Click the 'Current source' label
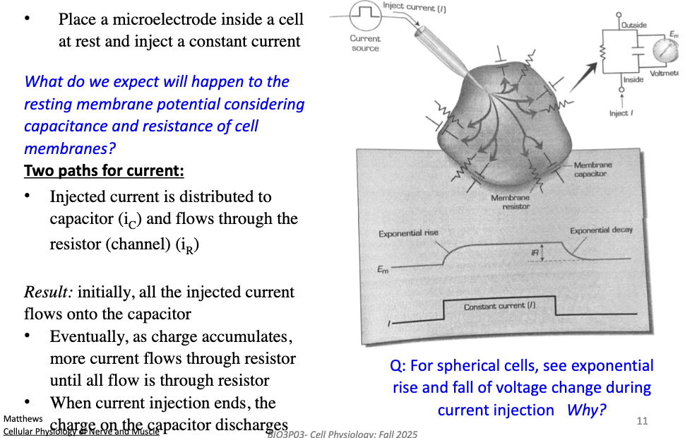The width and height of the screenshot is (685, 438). (x=365, y=43)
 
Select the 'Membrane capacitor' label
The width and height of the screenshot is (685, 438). (x=593, y=169)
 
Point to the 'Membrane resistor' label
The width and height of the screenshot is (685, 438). (x=510, y=202)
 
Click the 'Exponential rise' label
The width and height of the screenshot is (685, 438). (x=408, y=233)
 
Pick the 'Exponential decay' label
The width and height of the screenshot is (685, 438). (x=602, y=230)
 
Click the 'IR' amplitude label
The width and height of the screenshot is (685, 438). (x=533, y=251)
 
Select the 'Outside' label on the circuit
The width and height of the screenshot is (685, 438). (x=633, y=25)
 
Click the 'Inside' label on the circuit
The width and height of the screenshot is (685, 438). (x=633, y=79)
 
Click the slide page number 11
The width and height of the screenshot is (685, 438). (x=642, y=421)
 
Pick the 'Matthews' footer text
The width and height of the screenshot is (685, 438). (x=23, y=419)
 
